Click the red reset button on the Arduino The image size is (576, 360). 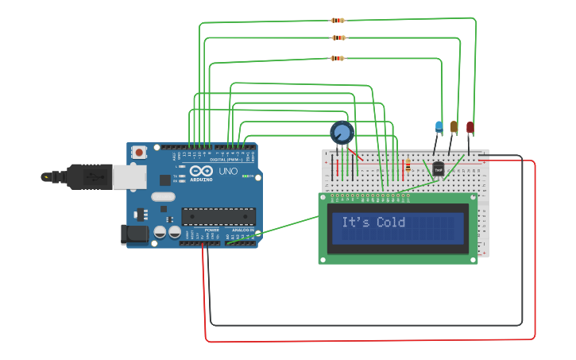click(140, 152)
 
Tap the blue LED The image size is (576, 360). click(439, 126)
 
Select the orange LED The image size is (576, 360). click(454, 126)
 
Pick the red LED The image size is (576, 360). click(470, 127)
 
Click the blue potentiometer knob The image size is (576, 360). click(342, 132)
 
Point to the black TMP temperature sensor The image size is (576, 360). click(438, 168)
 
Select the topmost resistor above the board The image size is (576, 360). click(338, 21)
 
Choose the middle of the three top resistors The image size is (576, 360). click(338, 37)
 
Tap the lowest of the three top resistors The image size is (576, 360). click(338, 58)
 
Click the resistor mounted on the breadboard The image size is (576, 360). click(408, 166)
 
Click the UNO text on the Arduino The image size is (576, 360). click(228, 171)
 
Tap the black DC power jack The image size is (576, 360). click(133, 234)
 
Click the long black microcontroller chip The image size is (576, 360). click(218, 216)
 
